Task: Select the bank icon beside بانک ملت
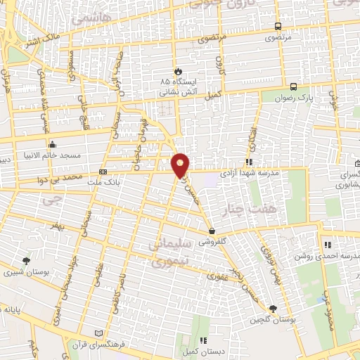[103, 171]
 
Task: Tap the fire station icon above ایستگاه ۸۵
[178, 71]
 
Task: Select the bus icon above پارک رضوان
[293, 86]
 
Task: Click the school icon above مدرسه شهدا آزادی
[248, 162]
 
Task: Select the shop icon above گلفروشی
[212, 230]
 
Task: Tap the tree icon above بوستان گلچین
[273, 308]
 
